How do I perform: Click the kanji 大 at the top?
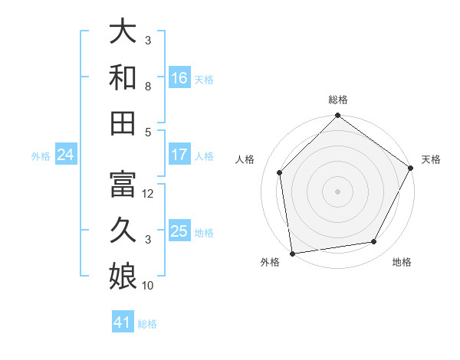coord(123,32)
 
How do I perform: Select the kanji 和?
coord(123,78)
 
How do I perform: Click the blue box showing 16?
coord(179,78)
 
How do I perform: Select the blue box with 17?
coord(179,155)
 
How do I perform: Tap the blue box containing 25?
coord(179,231)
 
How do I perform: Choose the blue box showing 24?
coord(66,155)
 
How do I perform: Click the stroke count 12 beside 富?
coord(149,194)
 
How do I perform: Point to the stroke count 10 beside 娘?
coord(149,286)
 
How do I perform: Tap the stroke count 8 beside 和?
coord(148,87)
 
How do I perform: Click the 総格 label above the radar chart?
coord(337,100)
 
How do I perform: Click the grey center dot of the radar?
coord(337,191)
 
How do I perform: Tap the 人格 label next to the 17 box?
coord(204,155)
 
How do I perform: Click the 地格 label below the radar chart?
coord(402,263)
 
